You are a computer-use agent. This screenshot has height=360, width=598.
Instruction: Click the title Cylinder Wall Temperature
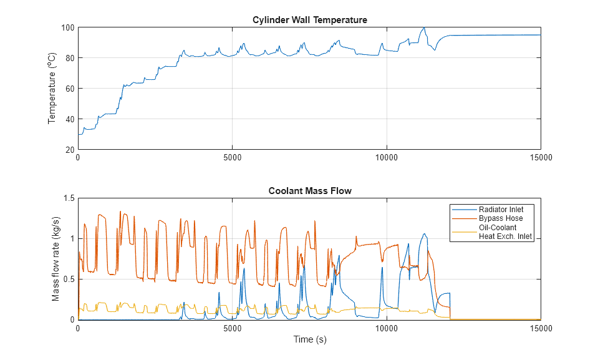pyautogui.click(x=309, y=20)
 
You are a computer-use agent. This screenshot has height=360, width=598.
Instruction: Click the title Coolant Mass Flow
pyautogui.click(x=309, y=191)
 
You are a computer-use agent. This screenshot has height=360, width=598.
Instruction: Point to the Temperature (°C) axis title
pyautogui.click(x=53, y=89)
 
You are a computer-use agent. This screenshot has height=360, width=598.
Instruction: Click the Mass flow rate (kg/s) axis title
pyautogui.click(x=56, y=259)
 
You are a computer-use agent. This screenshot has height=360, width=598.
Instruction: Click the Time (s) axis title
pyautogui.click(x=309, y=340)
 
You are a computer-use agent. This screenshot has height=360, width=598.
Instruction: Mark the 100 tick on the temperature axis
pyautogui.click(x=67, y=27)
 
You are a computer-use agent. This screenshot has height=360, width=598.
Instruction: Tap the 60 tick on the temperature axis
pyautogui.click(x=69, y=89)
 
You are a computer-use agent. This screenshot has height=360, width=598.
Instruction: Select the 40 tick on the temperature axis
pyautogui.click(x=69, y=119)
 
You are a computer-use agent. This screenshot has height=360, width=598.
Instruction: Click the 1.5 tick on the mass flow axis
pyautogui.click(x=68, y=198)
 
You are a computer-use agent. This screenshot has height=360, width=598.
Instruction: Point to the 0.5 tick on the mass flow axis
pyautogui.click(x=68, y=279)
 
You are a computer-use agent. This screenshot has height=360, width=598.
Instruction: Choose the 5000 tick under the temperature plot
pyautogui.click(x=232, y=158)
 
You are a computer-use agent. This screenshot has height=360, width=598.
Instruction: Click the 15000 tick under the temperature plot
pyautogui.click(x=540, y=158)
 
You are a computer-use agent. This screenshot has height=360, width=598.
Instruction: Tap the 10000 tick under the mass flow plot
pyautogui.click(x=386, y=328)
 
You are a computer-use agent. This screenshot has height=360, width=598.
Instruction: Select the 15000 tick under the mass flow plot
pyautogui.click(x=540, y=328)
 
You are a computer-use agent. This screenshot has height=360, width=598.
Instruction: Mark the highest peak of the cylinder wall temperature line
pyautogui.click(x=424, y=27)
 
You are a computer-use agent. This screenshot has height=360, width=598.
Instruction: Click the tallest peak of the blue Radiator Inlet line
pyautogui.click(x=425, y=234)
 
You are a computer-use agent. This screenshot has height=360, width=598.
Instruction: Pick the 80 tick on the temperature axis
pyautogui.click(x=69, y=58)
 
